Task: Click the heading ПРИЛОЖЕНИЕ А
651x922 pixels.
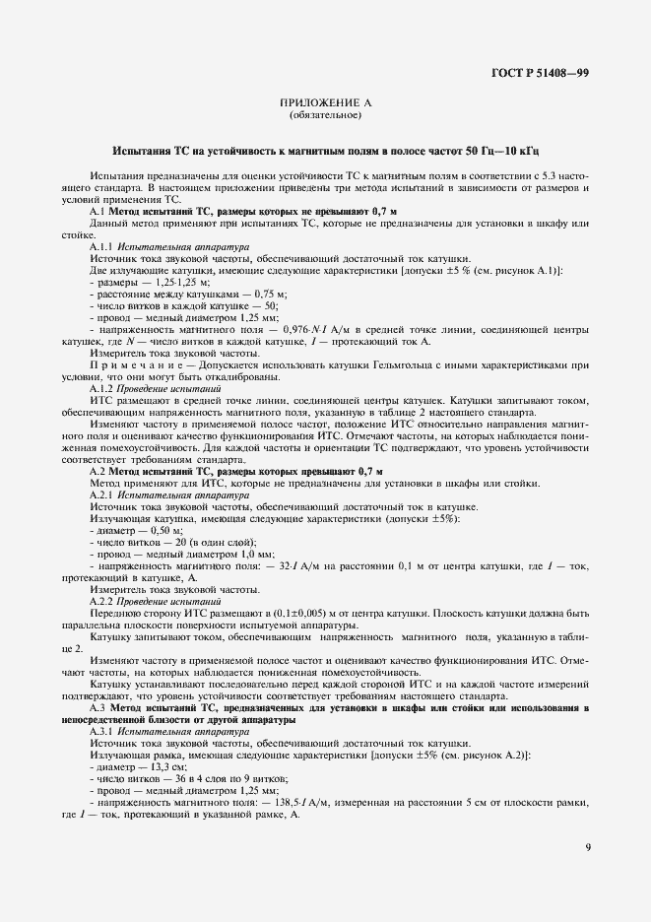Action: click(x=325, y=102)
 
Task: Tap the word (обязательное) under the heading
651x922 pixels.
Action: click(x=325, y=116)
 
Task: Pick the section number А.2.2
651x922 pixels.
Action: click(x=103, y=600)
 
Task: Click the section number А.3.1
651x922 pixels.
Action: click(x=103, y=732)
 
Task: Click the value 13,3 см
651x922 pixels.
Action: click(x=154, y=767)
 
